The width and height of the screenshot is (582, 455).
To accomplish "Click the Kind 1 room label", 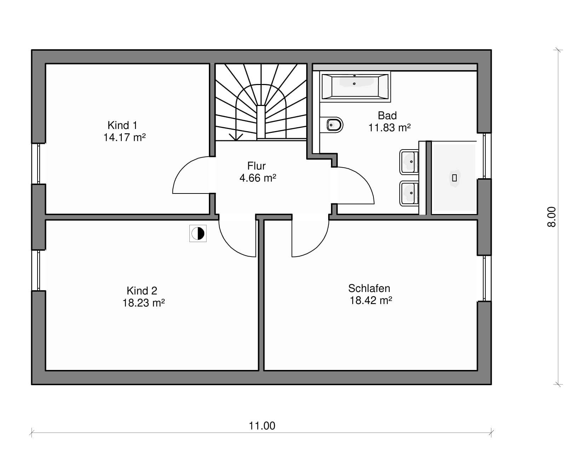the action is pyautogui.click(x=122, y=125).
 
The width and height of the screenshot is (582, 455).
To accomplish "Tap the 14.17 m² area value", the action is pyautogui.click(x=125, y=137).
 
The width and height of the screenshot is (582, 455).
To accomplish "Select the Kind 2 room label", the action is pyautogui.click(x=142, y=291).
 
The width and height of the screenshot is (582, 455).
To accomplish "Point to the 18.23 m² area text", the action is pyautogui.click(x=144, y=303).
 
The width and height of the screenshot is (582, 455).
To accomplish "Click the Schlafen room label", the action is pyautogui.click(x=369, y=288).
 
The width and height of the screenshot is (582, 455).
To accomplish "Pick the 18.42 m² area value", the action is pyautogui.click(x=371, y=300).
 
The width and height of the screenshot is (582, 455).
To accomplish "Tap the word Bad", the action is pyautogui.click(x=387, y=116).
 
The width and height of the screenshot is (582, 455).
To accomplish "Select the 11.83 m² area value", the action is pyautogui.click(x=390, y=128).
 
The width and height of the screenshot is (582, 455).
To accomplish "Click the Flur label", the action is pyautogui.click(x=256, y=166).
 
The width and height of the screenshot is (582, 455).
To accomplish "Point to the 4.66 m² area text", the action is pyautogui.click(x=258, y=178).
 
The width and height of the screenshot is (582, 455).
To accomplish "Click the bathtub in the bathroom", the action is pyautogui.click(x=355, y=86).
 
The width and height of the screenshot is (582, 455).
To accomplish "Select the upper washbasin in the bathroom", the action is pyautogui.click(x=409, y=162).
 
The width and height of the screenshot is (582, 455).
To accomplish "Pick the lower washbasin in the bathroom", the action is pyautogui.click(x=409, y=193).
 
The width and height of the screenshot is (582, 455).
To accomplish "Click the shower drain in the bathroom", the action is pyautogui.click(x=454, y=178).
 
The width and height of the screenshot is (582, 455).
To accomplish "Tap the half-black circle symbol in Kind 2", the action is pyautogui.click(x=198, y=234).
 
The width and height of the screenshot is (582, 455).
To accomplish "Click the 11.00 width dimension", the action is pyautogui.click(x=262, y=426).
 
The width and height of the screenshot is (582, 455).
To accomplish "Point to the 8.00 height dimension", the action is pyautogui.click(x=552, y=217).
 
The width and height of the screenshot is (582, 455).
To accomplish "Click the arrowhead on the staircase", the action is pyautogui.click(x=236, y=137).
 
